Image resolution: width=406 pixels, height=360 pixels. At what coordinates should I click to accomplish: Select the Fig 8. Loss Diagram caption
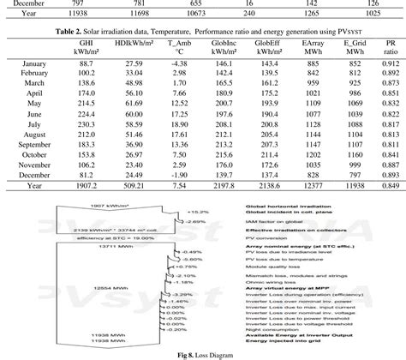[x=202, y=352]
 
